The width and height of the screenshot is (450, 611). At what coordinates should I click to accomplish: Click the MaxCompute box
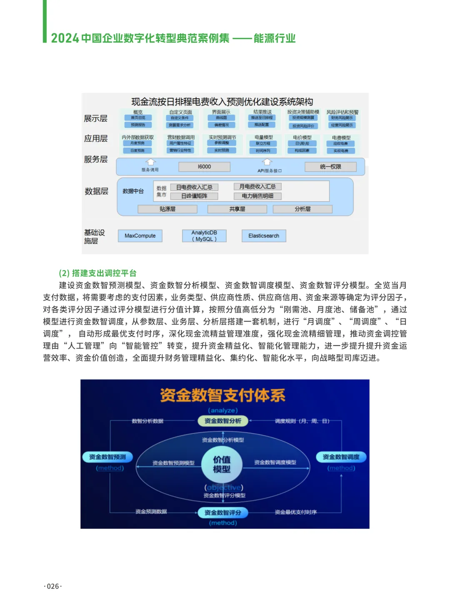coord(140,236)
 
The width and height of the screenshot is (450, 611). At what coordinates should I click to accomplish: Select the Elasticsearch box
coord(264,236)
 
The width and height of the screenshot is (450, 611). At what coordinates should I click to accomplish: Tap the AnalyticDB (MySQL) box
coord(204,236)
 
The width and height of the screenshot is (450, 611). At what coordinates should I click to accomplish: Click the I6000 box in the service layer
coord(204,167)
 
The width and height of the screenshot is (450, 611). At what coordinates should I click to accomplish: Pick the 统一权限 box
coord(330,167)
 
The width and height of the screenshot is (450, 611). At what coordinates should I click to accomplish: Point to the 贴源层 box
coord(167,209)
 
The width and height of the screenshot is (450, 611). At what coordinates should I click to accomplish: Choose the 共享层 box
coord(237,209)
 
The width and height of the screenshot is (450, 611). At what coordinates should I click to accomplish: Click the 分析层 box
coord(302,209)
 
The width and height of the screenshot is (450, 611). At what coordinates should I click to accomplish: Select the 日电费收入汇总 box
coord(194,187)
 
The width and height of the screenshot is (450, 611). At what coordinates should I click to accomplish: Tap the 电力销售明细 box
coord(257,196)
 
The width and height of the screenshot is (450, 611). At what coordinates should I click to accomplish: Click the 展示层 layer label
coord(96,118)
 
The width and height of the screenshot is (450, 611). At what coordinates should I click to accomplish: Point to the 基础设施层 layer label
coord(95,237)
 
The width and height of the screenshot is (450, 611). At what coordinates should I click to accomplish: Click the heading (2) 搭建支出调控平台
coord(97,273)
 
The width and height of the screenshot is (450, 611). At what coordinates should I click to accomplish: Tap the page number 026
coord(53,586)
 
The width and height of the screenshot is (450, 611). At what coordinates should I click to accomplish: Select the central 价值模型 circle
coord(222,464)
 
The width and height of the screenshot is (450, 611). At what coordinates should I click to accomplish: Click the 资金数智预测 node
coord(107,457)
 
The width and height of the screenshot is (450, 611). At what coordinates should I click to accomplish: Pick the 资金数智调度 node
coord(341,457)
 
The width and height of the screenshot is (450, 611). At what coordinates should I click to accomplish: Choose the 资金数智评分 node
coord(222,513)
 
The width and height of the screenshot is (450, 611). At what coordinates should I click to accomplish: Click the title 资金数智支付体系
coord(222,395)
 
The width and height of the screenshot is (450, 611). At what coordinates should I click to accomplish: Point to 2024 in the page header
coord(65,38)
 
